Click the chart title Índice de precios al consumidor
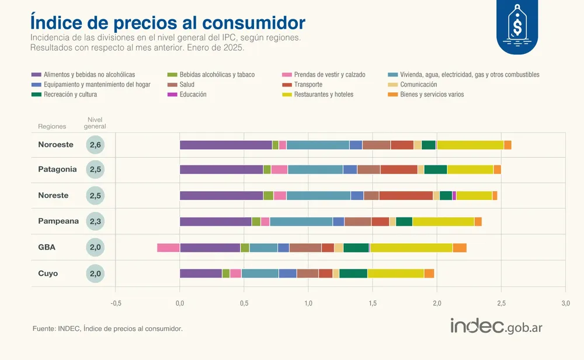coord(167,22)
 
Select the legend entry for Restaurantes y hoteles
coord(323,94)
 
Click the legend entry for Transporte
coord(308,85)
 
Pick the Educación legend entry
coord(193,94)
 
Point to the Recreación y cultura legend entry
coord(69,94)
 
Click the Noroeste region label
coord(56,145)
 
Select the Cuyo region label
coord(48,274)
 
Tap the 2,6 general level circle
coord(95,145)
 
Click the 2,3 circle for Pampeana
coord(95,221)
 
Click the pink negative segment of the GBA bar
coord(168,248)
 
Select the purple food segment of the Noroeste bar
coord(225,145)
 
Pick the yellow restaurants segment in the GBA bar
coord(411,248)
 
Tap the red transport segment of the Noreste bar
coord(406,196)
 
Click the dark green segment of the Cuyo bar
coord(353,274)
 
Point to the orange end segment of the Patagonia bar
coord(497,169)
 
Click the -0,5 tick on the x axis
coord(116,303)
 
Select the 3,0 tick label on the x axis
coord(565,303)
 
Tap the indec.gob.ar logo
coord(496,327)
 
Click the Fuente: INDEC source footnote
coord(107,329)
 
